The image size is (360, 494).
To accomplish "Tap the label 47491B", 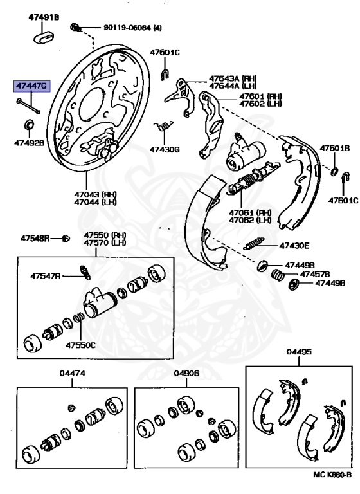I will [43, 17].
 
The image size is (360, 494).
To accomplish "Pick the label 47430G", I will [165, 149].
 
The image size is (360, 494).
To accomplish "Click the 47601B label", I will [335, 149].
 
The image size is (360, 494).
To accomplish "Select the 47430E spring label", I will [294, 245].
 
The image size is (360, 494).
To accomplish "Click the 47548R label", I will [34, 238].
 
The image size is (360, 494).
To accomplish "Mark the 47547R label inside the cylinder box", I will [45, 276].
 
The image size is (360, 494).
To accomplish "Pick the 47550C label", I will [80, 345].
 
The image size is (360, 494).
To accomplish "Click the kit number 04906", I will [186, 374].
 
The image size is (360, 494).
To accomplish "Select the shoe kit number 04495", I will [299, 352].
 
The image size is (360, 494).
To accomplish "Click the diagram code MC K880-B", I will [332, 475].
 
